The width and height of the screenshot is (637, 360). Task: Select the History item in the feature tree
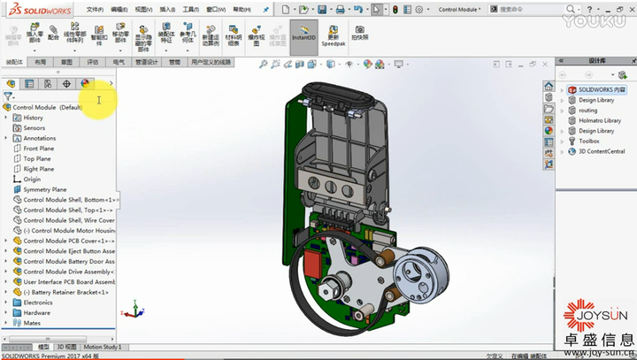33,118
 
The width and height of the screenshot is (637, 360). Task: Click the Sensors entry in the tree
34,128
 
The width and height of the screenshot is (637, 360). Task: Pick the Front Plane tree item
38,149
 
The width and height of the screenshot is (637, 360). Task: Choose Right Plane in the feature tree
38,169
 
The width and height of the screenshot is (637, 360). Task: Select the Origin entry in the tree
32,180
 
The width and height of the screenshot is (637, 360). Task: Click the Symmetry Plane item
44,189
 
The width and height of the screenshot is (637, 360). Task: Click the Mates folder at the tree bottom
32,323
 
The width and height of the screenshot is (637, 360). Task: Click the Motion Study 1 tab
103,348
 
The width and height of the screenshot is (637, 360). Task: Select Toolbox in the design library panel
588,141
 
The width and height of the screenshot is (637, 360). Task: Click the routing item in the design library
589,111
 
